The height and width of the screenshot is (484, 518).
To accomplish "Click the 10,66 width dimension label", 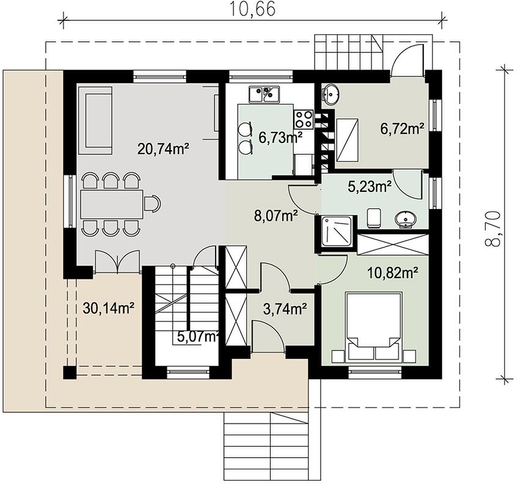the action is (252, 9).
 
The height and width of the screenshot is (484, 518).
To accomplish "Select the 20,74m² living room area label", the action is (163, 149).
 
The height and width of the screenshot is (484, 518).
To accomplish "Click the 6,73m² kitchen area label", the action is (280, 138).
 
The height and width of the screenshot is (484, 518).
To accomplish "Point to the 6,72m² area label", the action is (402, 128).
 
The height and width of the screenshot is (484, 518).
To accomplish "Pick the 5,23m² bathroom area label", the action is (370, 187).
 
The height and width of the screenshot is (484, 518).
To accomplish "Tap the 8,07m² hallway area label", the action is (276, 216).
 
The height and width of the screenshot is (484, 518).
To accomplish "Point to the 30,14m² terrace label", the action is (108, 309).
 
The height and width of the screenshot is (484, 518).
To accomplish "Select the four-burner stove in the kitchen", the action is (304, 119).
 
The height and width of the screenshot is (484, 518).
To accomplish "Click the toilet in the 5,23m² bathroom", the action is (374, 218).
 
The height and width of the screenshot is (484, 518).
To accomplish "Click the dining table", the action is (111, 204).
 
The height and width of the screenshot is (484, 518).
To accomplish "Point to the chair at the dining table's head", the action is (152, 204).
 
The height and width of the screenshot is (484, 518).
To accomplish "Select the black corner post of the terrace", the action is (70, 373).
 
